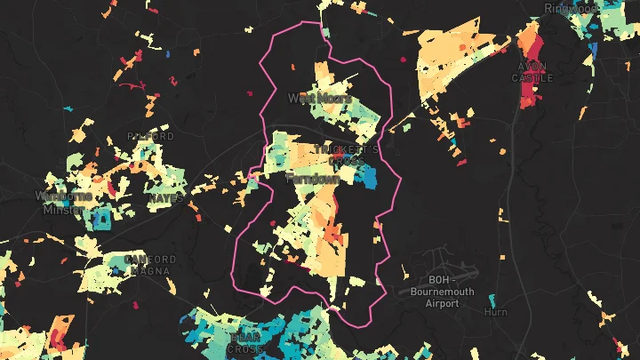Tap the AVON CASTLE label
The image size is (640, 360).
(x=532, y=72)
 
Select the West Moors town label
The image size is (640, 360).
(x=318, y=98)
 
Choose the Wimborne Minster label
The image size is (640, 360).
(x=62, y=201)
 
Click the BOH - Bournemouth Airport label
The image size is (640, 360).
(x=442, y=292)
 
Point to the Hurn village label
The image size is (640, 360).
(x=495, y=312)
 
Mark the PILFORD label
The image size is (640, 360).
(x=150, y=136)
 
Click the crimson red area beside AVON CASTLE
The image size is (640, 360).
(x=531, y=93)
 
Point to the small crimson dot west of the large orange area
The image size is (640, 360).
(x=402, y=60)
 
